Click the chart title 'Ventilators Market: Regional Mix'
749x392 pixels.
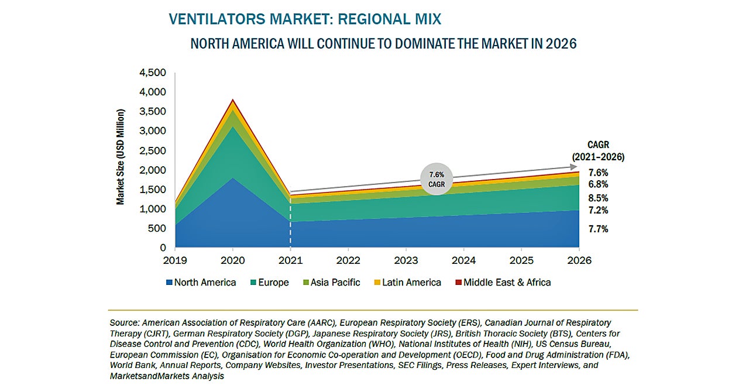click(304, 19)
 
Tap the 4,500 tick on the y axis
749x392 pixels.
click(153, 73)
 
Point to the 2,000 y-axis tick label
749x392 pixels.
click(153, 170)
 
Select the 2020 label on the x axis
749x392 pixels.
click(233, 260)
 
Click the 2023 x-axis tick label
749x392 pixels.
click(406, 260)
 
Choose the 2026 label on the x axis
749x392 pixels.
click(579, 260)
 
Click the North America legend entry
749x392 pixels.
click(201, 283)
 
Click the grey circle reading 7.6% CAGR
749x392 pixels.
click(436, 178)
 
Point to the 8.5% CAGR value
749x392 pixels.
click(598, 198)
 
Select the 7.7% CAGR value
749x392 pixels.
click(598, 229)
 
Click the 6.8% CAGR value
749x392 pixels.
click(598, 185)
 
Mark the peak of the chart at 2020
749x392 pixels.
click(233, 100)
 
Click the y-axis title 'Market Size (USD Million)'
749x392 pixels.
click(121, 156)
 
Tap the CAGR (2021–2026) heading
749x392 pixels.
click(598, 151)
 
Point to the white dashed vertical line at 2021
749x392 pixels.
click(290, 228)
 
